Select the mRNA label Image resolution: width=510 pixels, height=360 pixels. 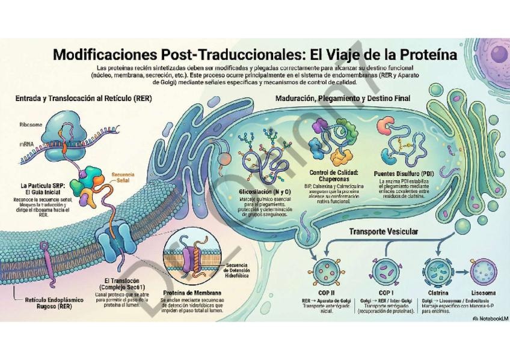pyautogui.click(x=26, y=144)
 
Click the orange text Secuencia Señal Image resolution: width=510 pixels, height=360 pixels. pyautogui.click(x=123, y=178)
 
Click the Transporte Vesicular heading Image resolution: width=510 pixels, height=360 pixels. pyautogui.click(x=383, y=231)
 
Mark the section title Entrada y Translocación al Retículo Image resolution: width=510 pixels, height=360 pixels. pyautogui.click(x=84, y=98)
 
